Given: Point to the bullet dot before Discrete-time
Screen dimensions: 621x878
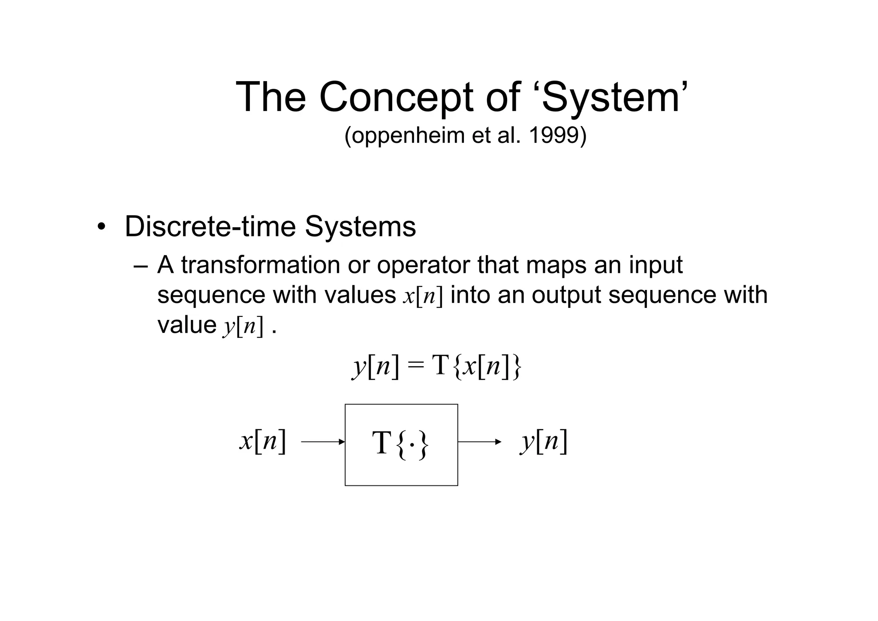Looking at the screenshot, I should (x=101, y=227).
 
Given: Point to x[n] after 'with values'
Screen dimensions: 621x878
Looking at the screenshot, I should (x=422, y=296).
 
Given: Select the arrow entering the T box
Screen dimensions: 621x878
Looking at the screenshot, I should (x=323, y=442).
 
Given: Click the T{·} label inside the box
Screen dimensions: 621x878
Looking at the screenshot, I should (x=400, y=443).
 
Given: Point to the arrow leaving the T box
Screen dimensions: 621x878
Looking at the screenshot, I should (x=479, y=442).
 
